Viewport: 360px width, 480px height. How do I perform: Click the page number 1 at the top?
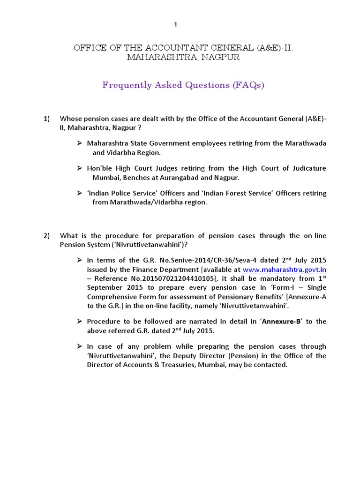pos(176,25)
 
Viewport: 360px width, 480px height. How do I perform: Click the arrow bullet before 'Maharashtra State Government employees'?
pos(80,143)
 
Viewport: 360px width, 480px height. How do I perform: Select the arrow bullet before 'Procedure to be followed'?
pos(80,321)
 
